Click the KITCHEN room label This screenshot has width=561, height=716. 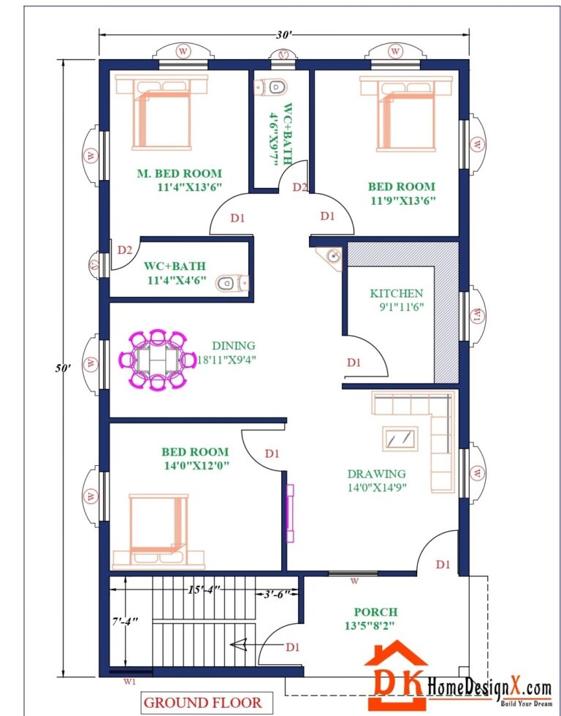point(396,293)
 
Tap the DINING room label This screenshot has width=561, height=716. point(234,345)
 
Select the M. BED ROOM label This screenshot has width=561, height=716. point(179,173)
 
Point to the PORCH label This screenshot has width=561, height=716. point(375,611)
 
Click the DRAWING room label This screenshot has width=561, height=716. point(376,473)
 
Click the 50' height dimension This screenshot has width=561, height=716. point(65,368)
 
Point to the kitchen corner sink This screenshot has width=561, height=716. point(332,257)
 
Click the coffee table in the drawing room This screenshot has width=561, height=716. point(400,438)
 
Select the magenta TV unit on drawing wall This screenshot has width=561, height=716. point(290,513)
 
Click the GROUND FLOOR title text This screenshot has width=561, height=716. point(202,703)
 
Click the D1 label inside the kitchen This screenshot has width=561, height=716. point(354,362)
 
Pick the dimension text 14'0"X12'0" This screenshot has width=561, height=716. point(195,464)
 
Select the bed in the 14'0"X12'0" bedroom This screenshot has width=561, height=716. point(159,523)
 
